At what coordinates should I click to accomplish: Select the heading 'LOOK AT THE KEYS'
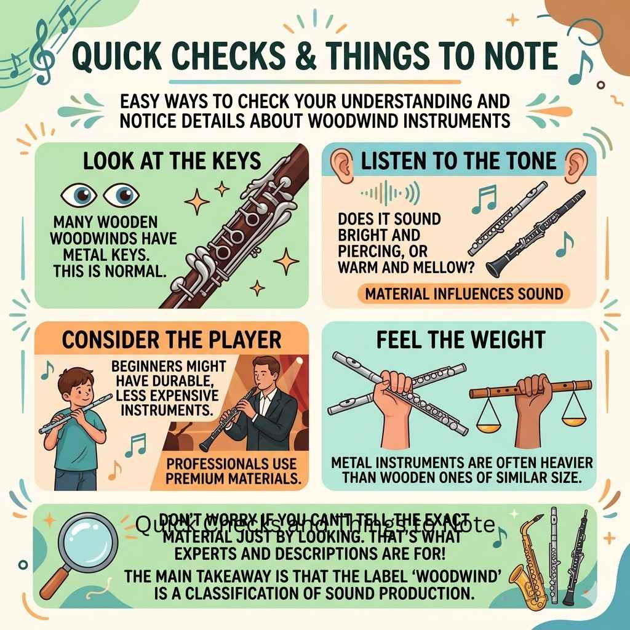coord(172,161)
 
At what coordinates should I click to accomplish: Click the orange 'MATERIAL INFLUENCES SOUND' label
coord(464,293)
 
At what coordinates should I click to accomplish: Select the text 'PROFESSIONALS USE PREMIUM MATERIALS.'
coord(236,471)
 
